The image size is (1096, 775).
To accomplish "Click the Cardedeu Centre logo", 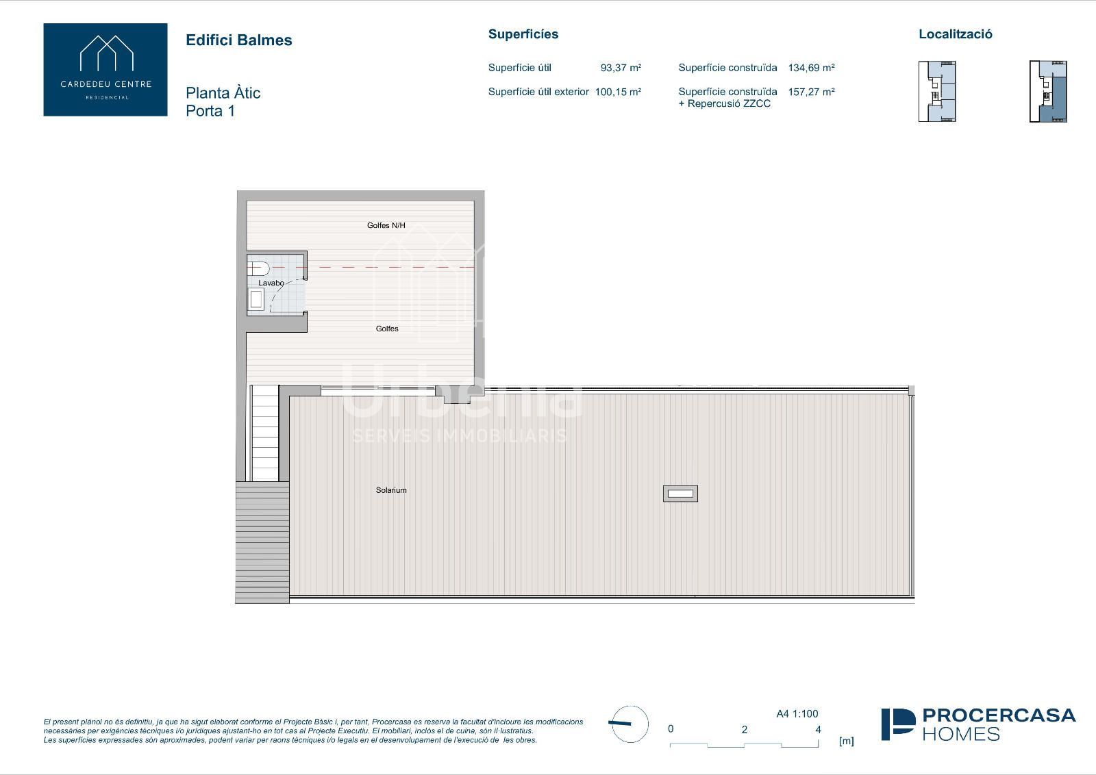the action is point(105,69).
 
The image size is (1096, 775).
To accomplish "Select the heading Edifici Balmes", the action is point(239,40).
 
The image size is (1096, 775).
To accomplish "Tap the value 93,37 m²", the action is point(621,68).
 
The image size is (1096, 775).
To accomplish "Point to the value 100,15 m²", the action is point(618,92).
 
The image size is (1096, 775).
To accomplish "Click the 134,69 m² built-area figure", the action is point(811,68).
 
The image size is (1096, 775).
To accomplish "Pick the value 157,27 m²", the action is point(811,92).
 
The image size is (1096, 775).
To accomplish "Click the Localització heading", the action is point(955,34).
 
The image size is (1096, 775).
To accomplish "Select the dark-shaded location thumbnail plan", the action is point(1048,92).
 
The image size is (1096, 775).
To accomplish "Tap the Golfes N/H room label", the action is point(386,225).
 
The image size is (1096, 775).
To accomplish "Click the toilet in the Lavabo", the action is point(258,268).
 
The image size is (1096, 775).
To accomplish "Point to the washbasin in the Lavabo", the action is point(256,299).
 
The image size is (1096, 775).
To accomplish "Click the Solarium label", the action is point(391,490).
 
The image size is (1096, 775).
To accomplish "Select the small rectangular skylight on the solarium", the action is point(680,494).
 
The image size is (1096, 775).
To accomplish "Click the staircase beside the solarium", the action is point(264,433).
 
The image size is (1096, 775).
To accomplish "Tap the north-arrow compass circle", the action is point(630,724).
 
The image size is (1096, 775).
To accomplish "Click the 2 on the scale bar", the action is point(744,730).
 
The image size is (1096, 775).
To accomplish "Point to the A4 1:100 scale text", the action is point(797,714).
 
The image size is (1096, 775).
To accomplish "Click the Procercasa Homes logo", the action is point(978,724).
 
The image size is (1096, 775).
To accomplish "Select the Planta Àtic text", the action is point(223,93).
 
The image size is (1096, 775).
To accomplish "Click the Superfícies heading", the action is point(523,34).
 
